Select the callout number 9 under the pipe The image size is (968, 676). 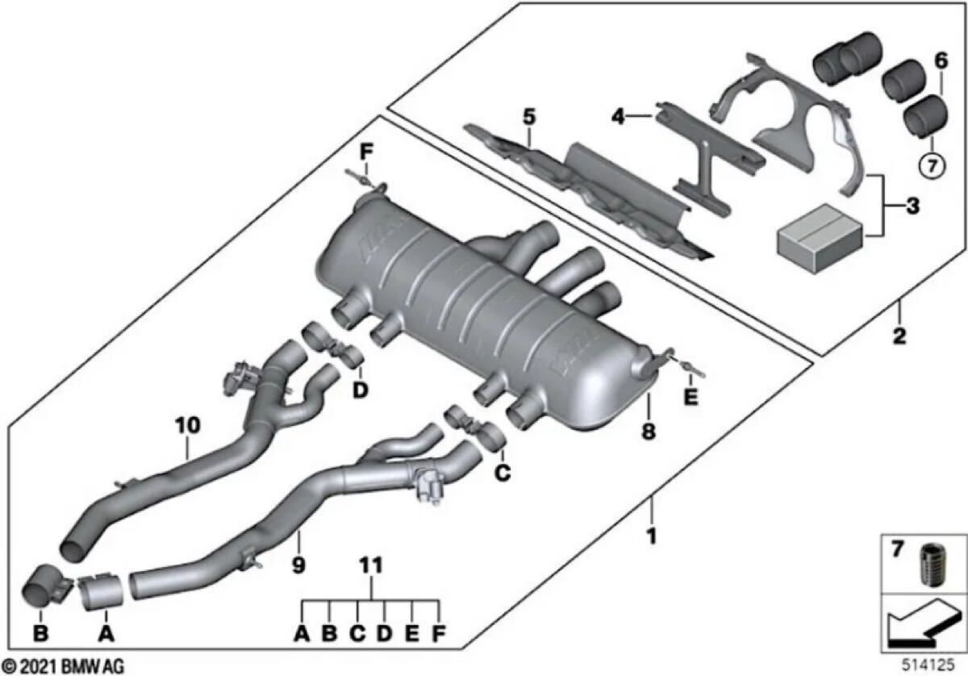[298, 565]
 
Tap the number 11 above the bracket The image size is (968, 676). [372, 567]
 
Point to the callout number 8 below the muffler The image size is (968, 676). [649, 432]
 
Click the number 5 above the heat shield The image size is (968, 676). [528, 116]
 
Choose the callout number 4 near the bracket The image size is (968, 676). [617, 117]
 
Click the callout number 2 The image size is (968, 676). [899, 335]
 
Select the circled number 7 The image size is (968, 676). [931, 168]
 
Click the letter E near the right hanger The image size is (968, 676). [690, 398]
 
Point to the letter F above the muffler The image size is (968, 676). [365, 151]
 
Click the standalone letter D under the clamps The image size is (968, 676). [360, 390]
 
